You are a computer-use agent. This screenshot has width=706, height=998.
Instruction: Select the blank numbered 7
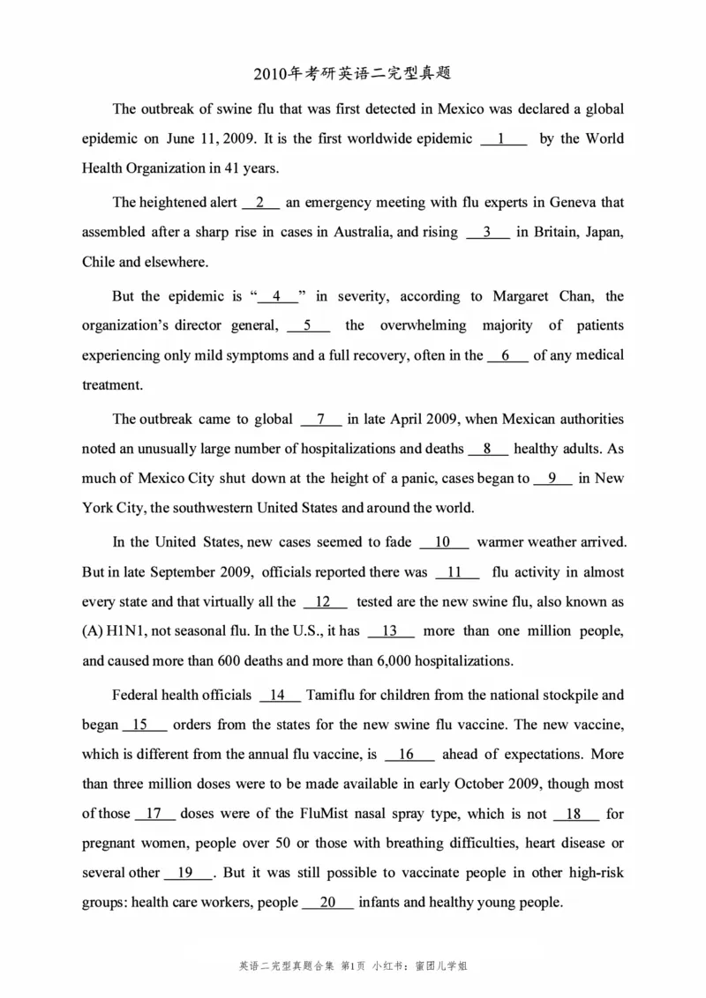point(321,419)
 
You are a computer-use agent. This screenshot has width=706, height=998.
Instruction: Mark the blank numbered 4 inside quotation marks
point(277,296)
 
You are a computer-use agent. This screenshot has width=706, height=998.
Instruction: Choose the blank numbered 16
point(409,754)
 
